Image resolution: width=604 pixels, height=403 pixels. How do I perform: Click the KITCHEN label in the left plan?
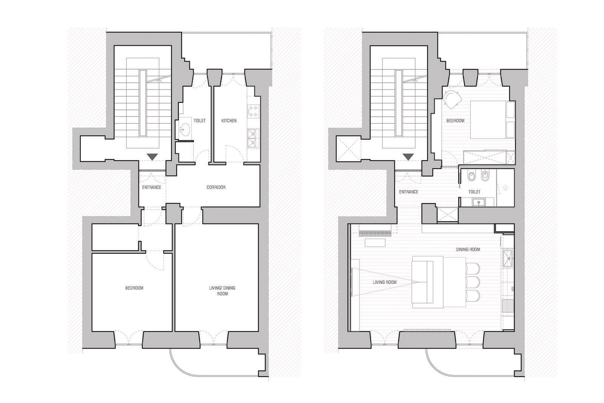coord(229,121)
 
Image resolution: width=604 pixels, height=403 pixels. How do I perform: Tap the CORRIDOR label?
coord(216,187)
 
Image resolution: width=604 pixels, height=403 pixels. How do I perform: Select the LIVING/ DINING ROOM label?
coord(222,290)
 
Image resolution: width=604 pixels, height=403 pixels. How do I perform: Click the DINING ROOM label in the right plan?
coord(468,250)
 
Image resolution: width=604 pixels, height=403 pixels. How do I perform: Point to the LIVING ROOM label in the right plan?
coord(384,282)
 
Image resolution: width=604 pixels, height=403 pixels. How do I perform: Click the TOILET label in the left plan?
coord(199,121)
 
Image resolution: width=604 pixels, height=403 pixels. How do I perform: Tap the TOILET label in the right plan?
coord(474,192)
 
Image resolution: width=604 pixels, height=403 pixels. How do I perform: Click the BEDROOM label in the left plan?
coord(134,288)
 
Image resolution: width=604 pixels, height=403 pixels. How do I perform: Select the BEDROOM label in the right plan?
coord(455,121)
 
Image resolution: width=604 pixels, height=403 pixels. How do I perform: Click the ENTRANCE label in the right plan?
coord(408,192)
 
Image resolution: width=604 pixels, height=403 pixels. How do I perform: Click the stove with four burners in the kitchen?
coord(252,111)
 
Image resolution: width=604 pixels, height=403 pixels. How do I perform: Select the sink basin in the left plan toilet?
coord(185,130)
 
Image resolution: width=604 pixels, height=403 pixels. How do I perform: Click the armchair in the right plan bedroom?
coord(453,99)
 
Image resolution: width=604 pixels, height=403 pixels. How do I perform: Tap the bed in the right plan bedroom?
coord(489,120)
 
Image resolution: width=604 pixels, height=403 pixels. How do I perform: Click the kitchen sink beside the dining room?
coord(508,258)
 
